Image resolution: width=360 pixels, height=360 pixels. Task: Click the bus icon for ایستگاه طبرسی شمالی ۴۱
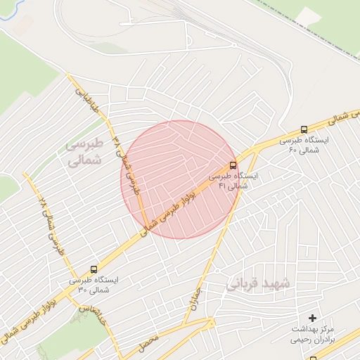click(x=233, y=166)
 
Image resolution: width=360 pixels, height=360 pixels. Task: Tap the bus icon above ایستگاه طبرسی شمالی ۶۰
click(x=304, y=129)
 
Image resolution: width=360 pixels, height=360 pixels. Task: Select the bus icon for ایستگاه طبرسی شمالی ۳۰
click(x=94, y=269)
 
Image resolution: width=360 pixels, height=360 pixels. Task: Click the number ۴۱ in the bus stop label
click(x=222, y=186)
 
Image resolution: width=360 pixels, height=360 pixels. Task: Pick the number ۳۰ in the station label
click(x=82, y=289)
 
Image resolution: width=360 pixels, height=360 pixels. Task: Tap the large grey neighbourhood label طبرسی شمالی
click(x=85, y=150)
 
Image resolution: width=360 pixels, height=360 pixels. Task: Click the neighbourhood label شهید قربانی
click(x=258, y=283)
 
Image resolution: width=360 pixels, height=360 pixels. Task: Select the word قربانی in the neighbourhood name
click(x=242, y=284)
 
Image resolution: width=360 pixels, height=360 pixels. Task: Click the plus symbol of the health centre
click(x=312, y=319)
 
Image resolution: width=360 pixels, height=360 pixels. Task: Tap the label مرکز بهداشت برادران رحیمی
click(x=314, y=333)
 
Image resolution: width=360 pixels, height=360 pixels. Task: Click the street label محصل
click(x=148, y=344)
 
